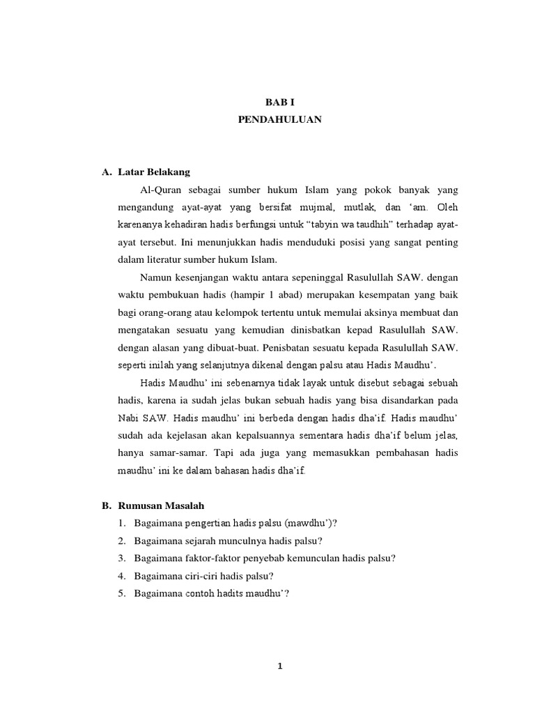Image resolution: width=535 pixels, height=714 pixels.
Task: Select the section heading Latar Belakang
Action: click(150, 172)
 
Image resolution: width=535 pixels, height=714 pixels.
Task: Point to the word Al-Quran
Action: click(160, 190)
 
